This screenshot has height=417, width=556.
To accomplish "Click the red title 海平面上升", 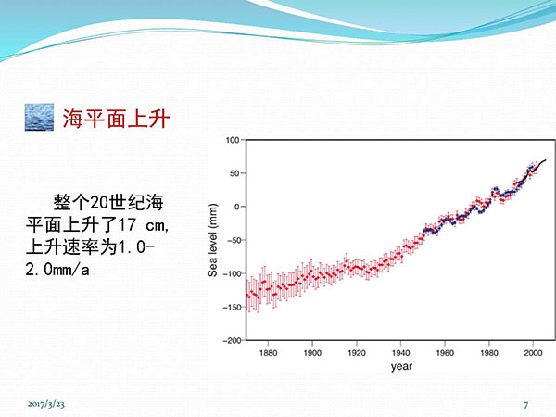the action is click(x=116, y=118).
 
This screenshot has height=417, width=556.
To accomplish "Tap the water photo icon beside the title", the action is click(x=39, y=117).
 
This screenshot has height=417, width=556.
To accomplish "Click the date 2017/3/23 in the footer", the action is click(x=46, y=404).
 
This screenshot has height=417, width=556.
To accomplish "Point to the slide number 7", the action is click(x=525, y=405).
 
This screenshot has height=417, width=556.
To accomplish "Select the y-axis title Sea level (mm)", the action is click(x=212, y=240).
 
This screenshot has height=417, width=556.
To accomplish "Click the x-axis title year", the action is click(x=401, y=366).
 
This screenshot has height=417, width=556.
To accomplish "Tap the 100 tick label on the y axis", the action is click(x=233, y=140).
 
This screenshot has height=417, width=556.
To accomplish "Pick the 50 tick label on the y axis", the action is click(x=234, y=173).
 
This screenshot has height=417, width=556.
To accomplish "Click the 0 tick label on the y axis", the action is click(x=237, y=207).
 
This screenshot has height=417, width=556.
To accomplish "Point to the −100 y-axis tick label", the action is click(x=232, y=273).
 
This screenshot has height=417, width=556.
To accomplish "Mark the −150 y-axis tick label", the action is click(x=232, y=307).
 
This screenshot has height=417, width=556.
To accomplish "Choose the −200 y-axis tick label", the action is click(x=232, y=340).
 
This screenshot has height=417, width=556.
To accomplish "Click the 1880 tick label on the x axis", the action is click(x=268, y=353).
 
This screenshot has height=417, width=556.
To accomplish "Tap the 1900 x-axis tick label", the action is click(x=312, y=353).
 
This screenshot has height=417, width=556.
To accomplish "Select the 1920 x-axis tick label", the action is click(x=357, y=353).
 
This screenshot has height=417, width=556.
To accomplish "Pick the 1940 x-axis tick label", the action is click(x=400, y=353).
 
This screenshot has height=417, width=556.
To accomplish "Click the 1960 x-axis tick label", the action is click(x=445, y=353).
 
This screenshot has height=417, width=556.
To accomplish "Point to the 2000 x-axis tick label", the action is click(x=533, y=353).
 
